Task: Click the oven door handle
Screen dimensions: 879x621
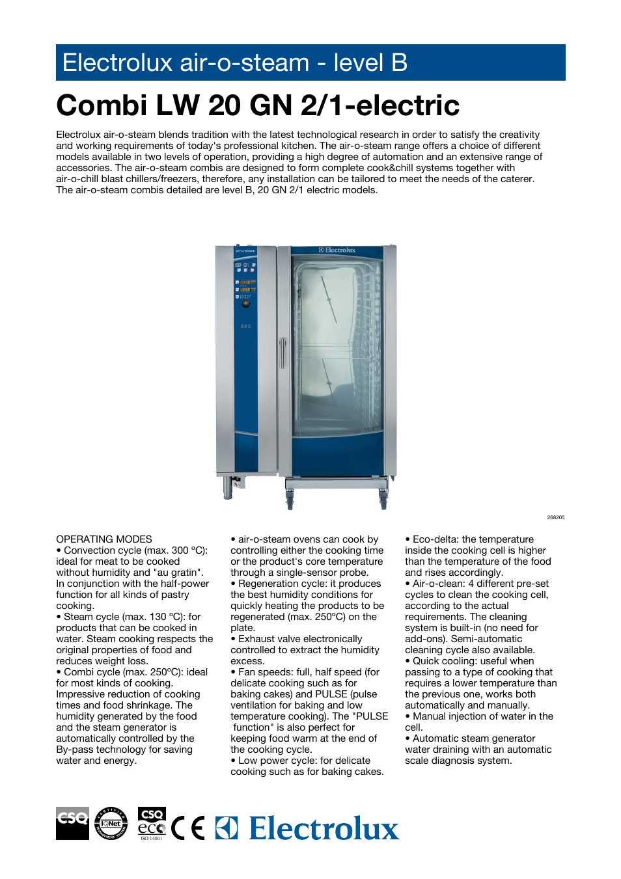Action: tap(283, 353)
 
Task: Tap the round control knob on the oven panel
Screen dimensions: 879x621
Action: tap(245, 304)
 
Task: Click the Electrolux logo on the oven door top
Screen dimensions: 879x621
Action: tap(337, 250)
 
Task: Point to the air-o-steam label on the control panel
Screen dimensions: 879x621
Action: tap(245, 250)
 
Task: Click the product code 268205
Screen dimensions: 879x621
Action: tap(555, 517)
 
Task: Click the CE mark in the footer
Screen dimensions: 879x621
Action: tap(188, 828)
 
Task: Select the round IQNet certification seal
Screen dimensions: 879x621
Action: tap(111, 823)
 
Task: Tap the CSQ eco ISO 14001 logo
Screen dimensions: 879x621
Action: tap(152, 824)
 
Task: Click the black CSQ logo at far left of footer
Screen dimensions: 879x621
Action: tap(72, 823)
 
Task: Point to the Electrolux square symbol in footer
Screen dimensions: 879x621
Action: tap(227, 828)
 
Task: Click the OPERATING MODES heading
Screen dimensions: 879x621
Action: tap(104, 539)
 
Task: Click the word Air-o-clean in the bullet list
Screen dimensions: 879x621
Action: tap(438, 584)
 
